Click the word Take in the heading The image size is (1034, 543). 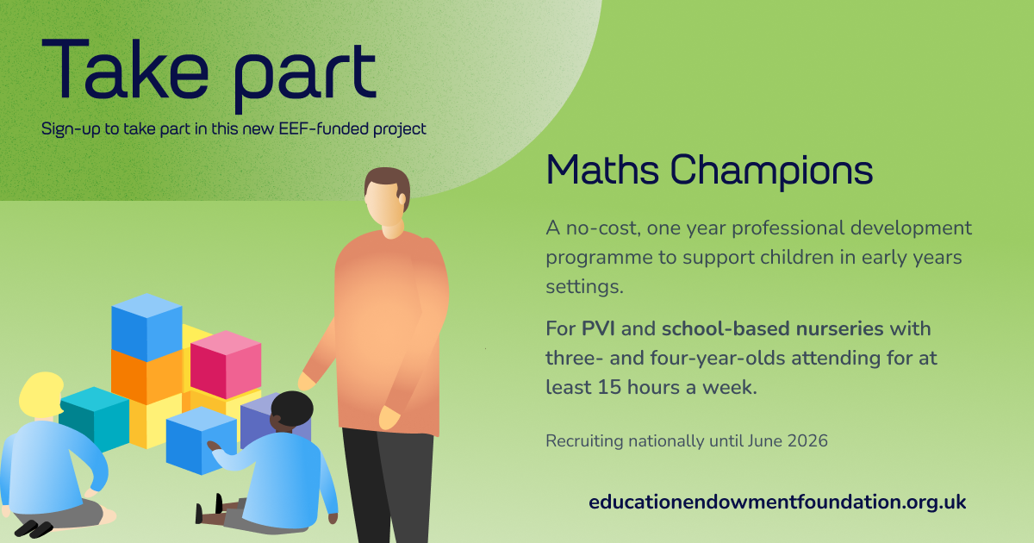(125, 68)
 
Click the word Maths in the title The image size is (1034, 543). (602, 171)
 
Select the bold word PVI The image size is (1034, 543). (598, 328)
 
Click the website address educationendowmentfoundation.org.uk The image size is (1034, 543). (777, 502)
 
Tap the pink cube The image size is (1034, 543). (226, 365)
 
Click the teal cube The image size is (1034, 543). (94, 418)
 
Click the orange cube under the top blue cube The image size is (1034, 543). (146, 377)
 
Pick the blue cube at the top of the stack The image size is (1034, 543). (146, 327)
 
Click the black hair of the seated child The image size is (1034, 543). (292, 409)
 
